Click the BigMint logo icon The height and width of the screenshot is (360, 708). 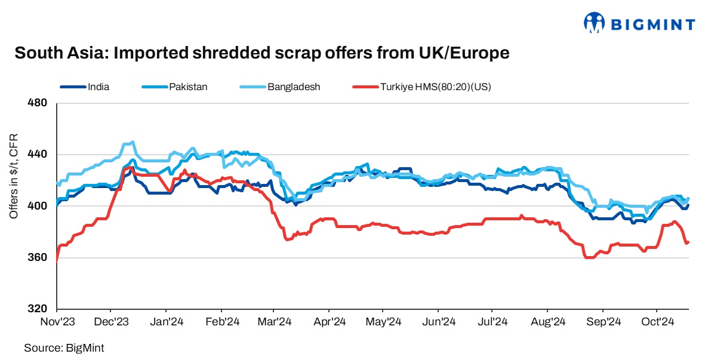tap(595, 23)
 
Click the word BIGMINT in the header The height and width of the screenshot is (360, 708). tap(652, 24)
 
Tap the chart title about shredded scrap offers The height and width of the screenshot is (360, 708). tap(262, 53)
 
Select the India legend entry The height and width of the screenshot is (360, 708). tap(98, 87)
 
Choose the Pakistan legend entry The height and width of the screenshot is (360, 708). tap(188, 87)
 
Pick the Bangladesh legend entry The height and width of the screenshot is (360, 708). tap(294, 87)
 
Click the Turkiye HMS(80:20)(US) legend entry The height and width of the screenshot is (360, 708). tap(435, 87)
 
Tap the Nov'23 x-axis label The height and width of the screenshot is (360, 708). tap(57, 322)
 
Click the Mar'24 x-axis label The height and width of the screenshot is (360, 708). tap(274, 322)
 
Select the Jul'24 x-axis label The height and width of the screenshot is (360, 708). tap(492, 322)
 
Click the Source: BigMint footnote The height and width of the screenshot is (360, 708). tap(60, 347)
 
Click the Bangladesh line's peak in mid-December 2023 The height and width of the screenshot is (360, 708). tap(132, 142)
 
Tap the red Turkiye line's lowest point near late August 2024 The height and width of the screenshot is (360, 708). tap(590, 257)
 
